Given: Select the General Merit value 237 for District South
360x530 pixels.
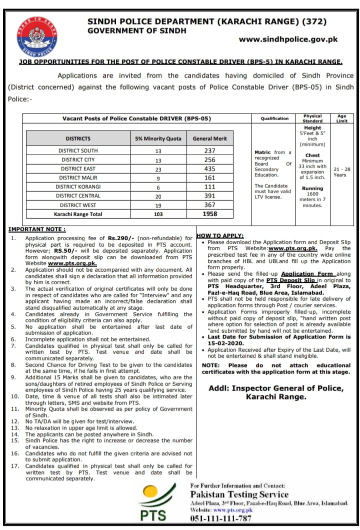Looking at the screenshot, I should (210, 151).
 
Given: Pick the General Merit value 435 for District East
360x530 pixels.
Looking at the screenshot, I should (210, 169).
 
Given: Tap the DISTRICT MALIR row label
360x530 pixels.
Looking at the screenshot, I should (78, 178).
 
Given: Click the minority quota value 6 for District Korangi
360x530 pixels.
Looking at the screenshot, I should (158, 187).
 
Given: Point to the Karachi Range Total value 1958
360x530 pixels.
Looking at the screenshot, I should (210, 214).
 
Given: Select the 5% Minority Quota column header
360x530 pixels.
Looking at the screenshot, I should (158, 139).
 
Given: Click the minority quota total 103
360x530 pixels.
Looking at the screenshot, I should (158, 214).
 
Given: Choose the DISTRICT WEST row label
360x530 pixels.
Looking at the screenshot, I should (78, 205).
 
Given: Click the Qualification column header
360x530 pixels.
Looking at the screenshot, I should (274, 119).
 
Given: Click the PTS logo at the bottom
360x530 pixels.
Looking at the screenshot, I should (149, 503).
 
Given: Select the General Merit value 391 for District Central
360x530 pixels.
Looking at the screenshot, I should (210, 196).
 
